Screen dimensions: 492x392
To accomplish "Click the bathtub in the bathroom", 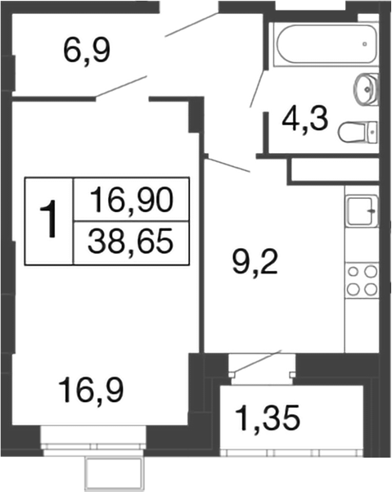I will pyautogui.click(x=322, y=47).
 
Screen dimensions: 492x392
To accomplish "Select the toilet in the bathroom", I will pyautogui.click(x=358, y=130).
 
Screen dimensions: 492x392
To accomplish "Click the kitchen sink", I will pyautogui.click(x=361, y=211).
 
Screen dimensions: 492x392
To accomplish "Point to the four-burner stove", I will pyautogui.click(x=361, y=280).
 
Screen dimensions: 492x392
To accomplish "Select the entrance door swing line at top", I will pyautogui.click(x=193, y=25).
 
